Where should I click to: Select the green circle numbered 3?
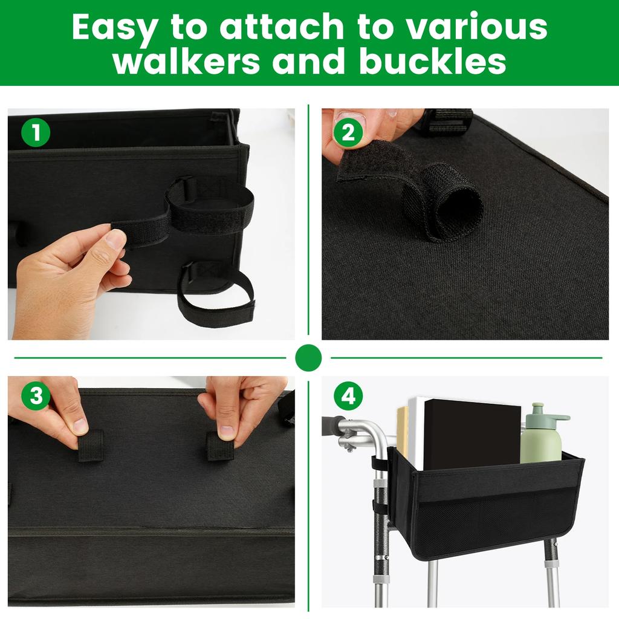[x=36, y=397]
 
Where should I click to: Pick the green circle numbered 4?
[x=348, y=397]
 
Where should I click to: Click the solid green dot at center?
[x=308, y=358]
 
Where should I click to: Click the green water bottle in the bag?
[x=542, y=438]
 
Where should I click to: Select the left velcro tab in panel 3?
[x=91, y=446]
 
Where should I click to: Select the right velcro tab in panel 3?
[x=219, y=446]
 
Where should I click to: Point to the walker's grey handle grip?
[x=332, y=424]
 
